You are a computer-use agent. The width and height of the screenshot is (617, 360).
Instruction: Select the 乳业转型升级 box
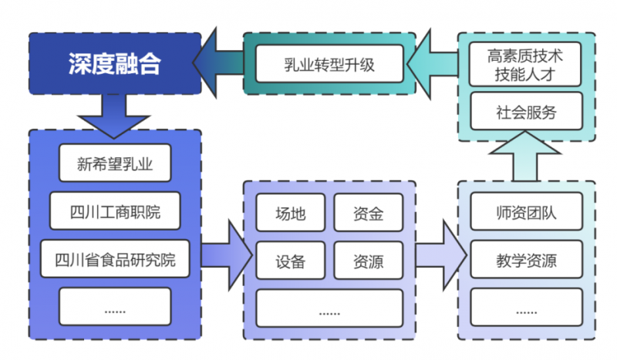click(x=329, y=64)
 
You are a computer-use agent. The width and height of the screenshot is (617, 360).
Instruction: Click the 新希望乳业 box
click(x=115, y=163)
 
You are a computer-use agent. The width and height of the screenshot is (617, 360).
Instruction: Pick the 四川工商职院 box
click(x=115, y=211)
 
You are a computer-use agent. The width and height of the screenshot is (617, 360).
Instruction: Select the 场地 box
click(x=291, y=214)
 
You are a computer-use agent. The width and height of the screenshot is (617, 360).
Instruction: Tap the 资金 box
click(x=368, y=214)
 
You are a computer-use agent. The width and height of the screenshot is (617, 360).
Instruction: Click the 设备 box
click(x=291, y=261)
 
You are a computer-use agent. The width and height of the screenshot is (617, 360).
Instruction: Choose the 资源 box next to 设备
click(x=368, y=261)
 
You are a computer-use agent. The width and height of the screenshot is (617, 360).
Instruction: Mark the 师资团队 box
click(x=526, y=214)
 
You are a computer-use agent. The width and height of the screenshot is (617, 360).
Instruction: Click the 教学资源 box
click(x=526, y=261)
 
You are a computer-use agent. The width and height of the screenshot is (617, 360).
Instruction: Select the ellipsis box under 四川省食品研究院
click(x=115, y=308)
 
